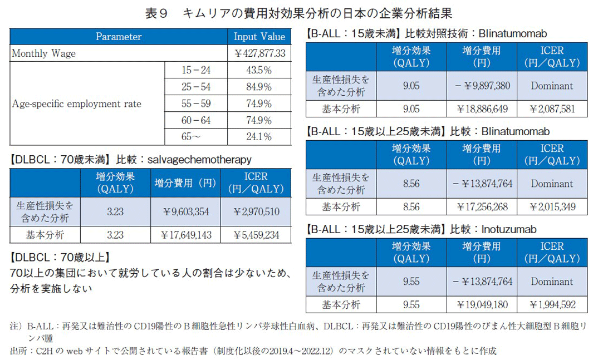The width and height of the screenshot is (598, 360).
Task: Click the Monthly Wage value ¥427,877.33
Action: click(x=259, y=54)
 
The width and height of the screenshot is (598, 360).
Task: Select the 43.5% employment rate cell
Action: click(x=259, y=71)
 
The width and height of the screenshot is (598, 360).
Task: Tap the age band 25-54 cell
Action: click(x=196, y=87)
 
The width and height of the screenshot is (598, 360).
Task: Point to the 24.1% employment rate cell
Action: click(x=259, y=137)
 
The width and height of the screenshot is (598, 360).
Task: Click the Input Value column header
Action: click(x=259, y=37)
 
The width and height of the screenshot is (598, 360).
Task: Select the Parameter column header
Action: click(x=119, y=37)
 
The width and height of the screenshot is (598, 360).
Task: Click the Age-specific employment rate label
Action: click(x=77, y=103)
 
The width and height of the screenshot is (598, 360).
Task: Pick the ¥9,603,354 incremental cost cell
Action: click(x=187, y=212)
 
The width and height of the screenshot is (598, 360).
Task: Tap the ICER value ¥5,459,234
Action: click(x=256, y=235)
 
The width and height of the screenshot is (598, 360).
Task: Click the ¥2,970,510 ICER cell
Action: click(x=256, y=212)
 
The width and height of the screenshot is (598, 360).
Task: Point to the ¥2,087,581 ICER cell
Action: click(x=552, y=109)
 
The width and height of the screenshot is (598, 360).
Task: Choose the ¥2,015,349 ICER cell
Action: click(x=552, y=206)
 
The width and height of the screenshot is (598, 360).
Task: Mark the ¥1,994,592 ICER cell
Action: click(x=552, y=304)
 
